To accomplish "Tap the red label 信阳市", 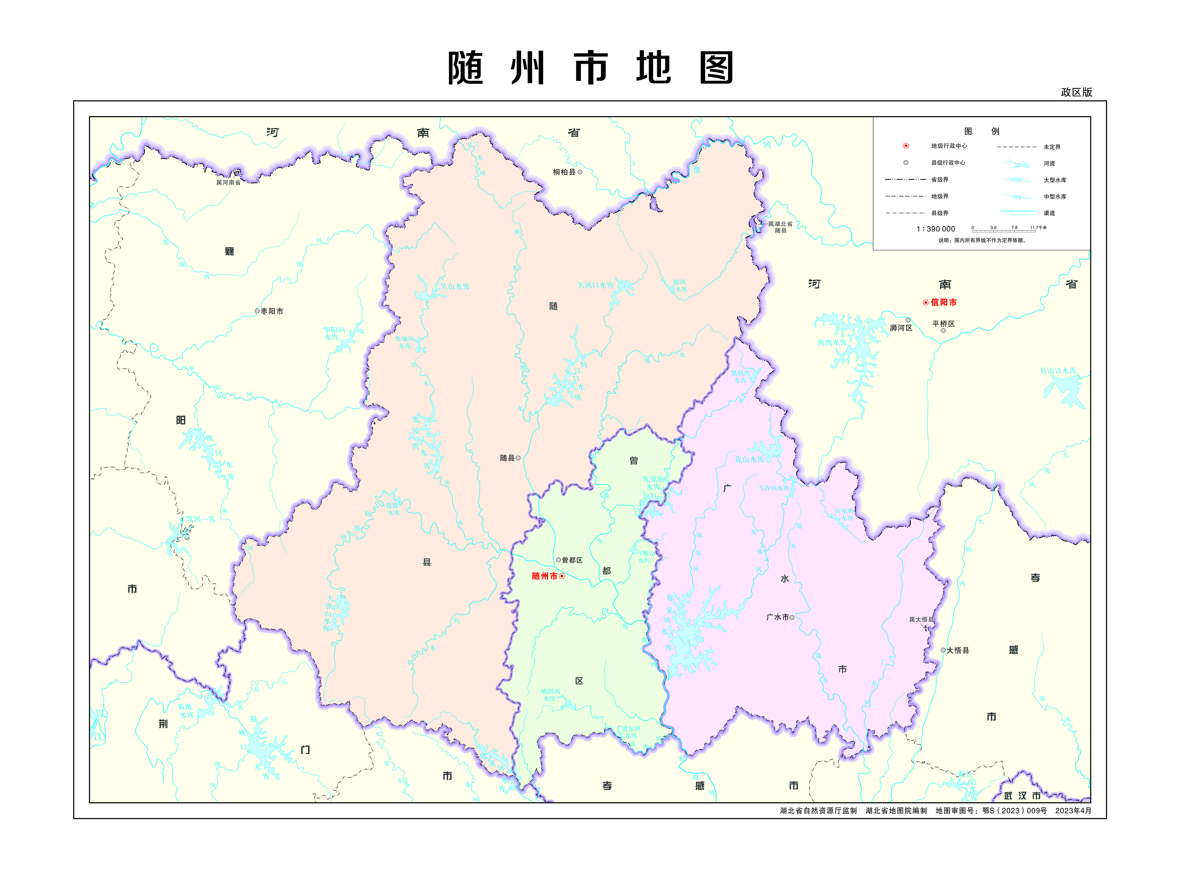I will pyautogui.click(x=943, y=303).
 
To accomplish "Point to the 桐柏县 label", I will pyautogui.click(x=564, y=172).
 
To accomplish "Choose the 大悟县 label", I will pyautogui.click(x=958, y=650).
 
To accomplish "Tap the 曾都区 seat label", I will pyautogui.click(x=572, y=560).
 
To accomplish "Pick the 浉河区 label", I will pyautogui.click(x=901, y=328).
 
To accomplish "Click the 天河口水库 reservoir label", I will pyautogui.click(x=595, y=285).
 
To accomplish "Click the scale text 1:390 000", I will pyautogui.click(x=936, y=229).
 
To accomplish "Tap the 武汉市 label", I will pyautogui.click(x=1022, y=796).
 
